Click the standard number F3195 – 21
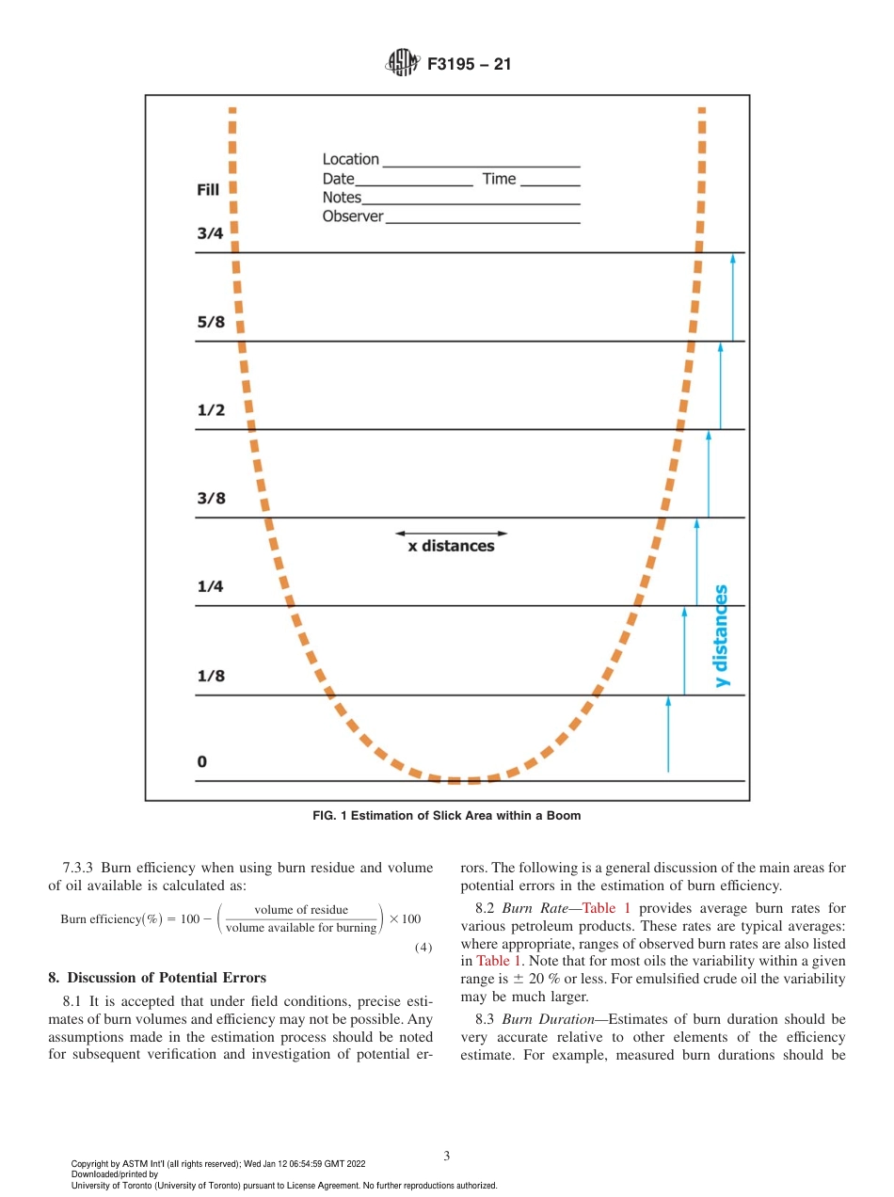coord(469,66)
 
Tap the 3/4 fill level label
coord(210,234)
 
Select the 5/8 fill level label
coord(210,322)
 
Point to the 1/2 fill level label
coord(211,410)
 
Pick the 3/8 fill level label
coord(211,499)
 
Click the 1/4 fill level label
coord(210,587)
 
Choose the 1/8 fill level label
coord(210,676)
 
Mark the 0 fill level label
coord(201,761)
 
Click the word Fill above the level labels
coord(207,190)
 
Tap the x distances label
coord(450,547)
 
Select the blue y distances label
coord(722,636)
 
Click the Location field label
coord(350,160)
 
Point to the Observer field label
coord(353,216)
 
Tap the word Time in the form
coord(499,179)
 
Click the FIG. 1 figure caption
coord(446,816)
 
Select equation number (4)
coord(423,947)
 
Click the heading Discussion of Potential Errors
coord(167,977)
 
